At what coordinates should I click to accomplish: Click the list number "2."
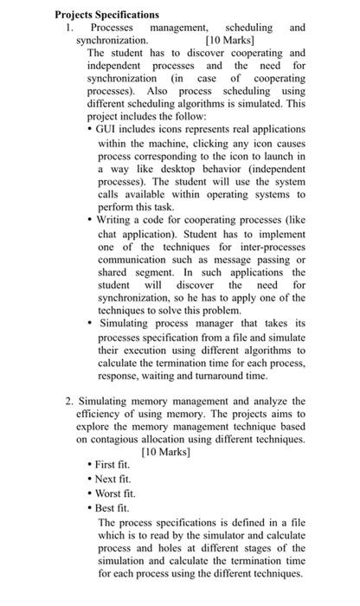70,402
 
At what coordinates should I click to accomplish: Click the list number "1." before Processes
71,28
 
